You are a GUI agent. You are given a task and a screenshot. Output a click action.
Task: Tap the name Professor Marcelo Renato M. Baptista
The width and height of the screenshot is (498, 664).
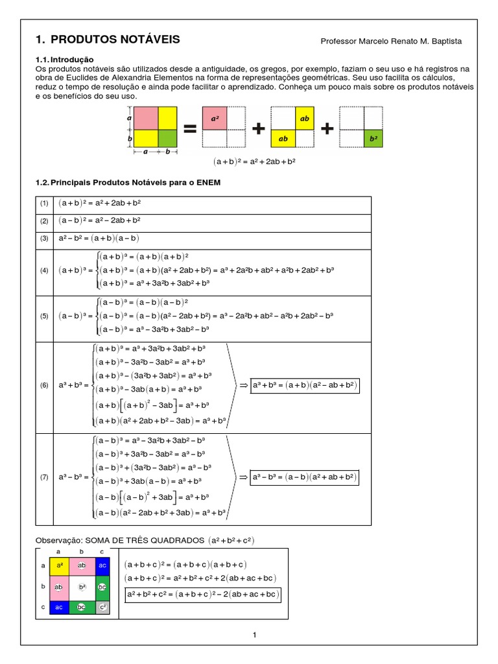(x=391, y=41)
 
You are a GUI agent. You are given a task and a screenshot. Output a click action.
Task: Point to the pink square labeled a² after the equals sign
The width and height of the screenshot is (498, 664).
(x=214, y=119)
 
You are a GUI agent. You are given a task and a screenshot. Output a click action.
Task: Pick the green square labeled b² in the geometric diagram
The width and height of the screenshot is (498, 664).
(x=373, y=137)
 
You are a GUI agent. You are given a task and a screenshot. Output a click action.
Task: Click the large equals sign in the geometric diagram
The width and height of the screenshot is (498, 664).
(x=189, y=128)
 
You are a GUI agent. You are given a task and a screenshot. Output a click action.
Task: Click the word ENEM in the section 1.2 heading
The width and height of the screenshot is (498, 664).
(x=207, y=182)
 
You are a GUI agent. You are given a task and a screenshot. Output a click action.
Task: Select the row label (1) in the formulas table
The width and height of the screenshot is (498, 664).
(x=44, y=204)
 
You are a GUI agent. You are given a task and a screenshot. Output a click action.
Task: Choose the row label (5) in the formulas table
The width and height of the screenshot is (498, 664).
(x=44, y=316)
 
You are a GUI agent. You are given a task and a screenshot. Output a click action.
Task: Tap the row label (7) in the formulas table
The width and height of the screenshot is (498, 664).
(x=44, y=478)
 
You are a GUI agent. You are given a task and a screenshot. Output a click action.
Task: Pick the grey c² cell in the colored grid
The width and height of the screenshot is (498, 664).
(x=101, y=608)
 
